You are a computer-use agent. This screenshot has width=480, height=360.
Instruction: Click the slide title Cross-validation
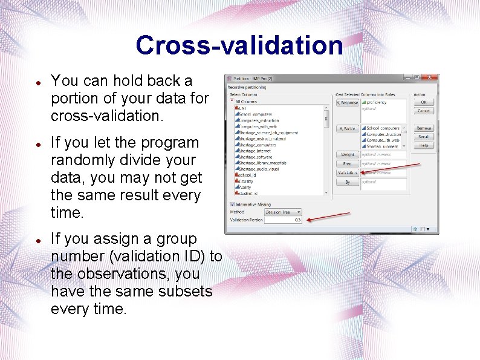point(239,45)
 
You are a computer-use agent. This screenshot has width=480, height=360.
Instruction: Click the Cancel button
point(424,111)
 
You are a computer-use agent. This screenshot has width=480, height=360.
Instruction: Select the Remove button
point(424,128)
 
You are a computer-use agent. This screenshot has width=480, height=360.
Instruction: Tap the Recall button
point(424,137)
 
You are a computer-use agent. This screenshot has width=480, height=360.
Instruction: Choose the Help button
point(424,145)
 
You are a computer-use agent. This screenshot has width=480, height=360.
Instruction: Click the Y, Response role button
point(347,103)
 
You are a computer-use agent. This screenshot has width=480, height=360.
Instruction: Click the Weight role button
point(347,155)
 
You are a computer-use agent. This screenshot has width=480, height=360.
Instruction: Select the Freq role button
point(347,164)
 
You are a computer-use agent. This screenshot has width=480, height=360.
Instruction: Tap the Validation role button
point(347,172)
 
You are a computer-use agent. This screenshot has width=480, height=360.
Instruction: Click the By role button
point(347,182)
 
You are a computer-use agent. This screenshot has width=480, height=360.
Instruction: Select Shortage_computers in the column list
point(258,145)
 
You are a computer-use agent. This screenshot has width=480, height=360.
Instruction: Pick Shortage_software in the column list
point(256,157)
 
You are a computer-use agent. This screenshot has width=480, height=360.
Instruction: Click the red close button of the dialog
point(430,78)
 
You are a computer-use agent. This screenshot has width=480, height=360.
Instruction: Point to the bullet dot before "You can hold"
point(37,81)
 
